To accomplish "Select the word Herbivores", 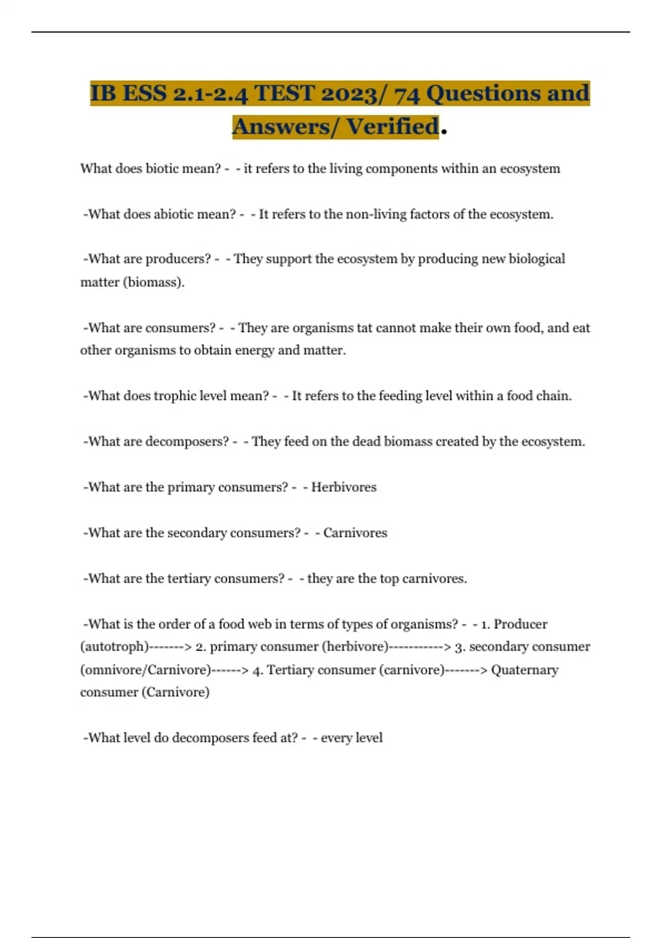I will coord(344,487).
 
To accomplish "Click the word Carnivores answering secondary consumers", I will coord(355,533).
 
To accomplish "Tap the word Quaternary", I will coord(525,670).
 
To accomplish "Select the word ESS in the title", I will coord(145,93).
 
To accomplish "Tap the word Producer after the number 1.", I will coord(520,624).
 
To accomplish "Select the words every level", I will coord(351,738).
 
